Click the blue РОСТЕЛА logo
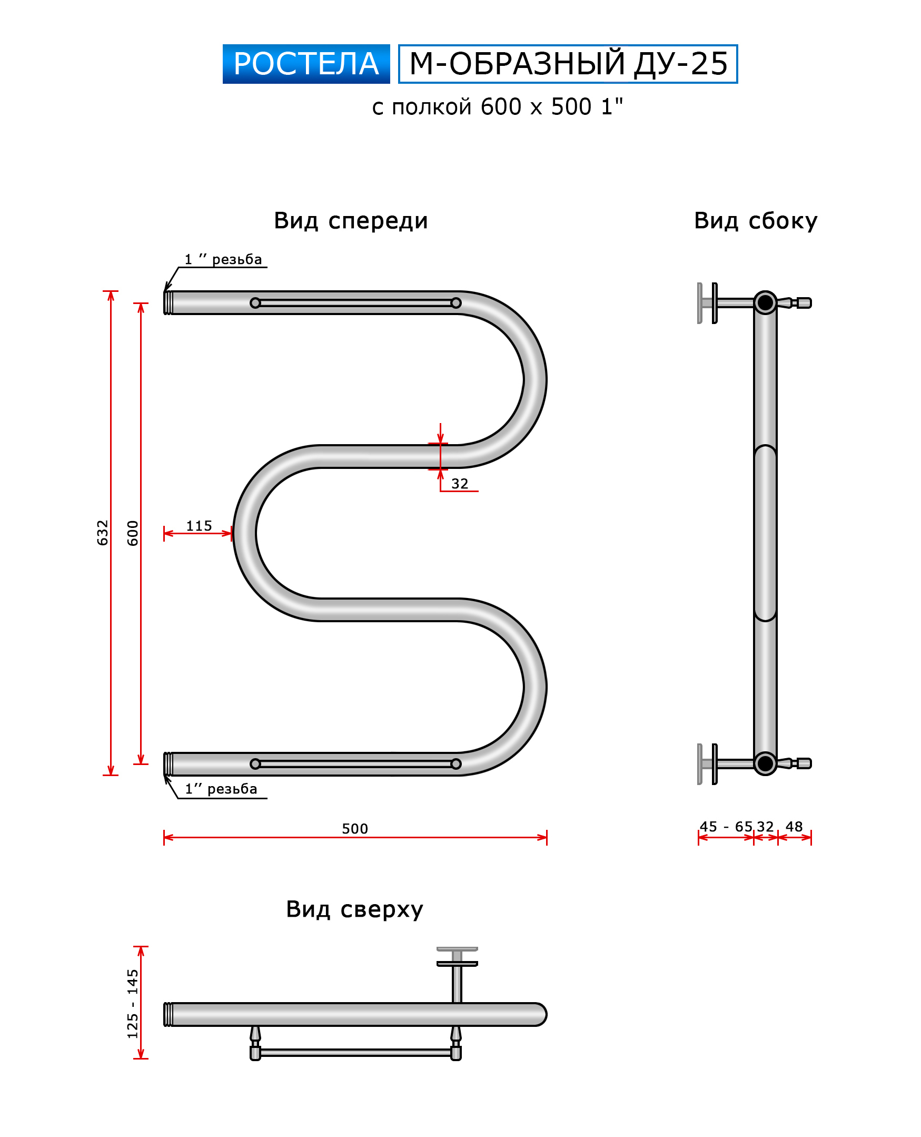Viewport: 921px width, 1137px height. tap(306, 64)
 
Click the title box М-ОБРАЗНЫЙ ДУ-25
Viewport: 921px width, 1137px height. tap(568, 64)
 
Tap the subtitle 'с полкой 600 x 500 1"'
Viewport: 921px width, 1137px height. tap(497, 107)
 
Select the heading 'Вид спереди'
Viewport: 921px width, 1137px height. tap(351, 220)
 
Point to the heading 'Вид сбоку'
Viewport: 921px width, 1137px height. tap(756, 220)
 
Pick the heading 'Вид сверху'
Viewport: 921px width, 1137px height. tap(354, 909)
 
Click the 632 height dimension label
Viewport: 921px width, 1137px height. tap(102, 532)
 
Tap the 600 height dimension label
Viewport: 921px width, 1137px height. tap(133, 533)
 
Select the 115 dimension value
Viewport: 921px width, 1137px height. tap(199, 525)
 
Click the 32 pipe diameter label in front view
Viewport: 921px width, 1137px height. tap(459, 484)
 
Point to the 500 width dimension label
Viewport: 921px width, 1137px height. tap(355, 829)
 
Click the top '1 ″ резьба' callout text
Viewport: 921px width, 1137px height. tap(223, 259)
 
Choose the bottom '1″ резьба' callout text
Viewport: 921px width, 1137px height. tap(221, 789)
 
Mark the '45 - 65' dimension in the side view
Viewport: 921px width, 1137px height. tap(726, 827)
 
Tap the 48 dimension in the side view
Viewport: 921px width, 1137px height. tap(794, 827)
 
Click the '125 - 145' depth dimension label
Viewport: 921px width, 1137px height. tap(133, 1003)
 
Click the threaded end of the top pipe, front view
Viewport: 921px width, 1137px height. tap(168, 302)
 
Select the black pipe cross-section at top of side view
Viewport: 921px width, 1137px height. tap(765, 302)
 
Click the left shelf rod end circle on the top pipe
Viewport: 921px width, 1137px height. tap(255, 303)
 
